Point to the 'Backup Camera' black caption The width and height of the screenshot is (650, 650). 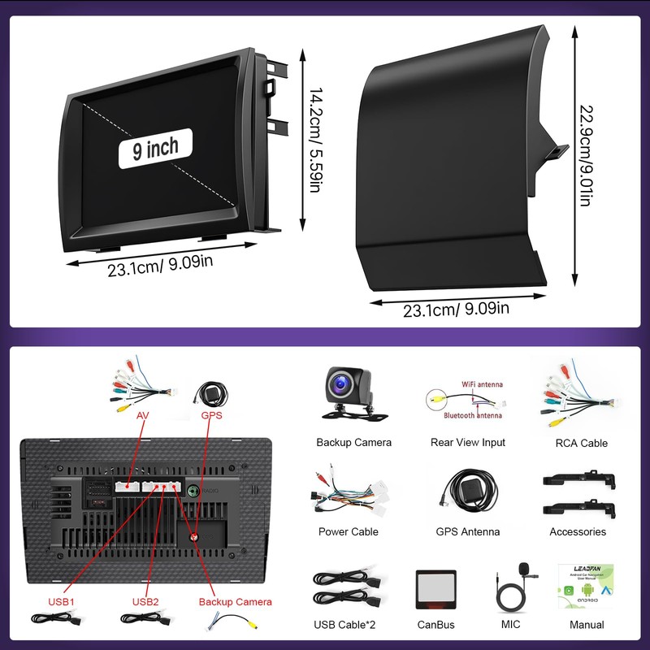point(353,443)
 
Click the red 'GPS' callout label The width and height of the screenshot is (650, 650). point(210,415)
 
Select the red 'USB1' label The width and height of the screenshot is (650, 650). point(61,602)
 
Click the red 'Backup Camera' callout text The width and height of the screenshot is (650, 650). point(235,602)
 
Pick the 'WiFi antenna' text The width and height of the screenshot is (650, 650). point(481,384)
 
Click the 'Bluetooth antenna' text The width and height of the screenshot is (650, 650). point(472,415)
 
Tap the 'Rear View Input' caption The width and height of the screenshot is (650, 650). point(467,443)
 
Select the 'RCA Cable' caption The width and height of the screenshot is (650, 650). point(582,444)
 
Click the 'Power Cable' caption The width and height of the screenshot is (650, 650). point(349,532)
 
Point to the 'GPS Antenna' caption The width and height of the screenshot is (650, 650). point(467,532)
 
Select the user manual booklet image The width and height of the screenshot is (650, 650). point(582,586)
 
